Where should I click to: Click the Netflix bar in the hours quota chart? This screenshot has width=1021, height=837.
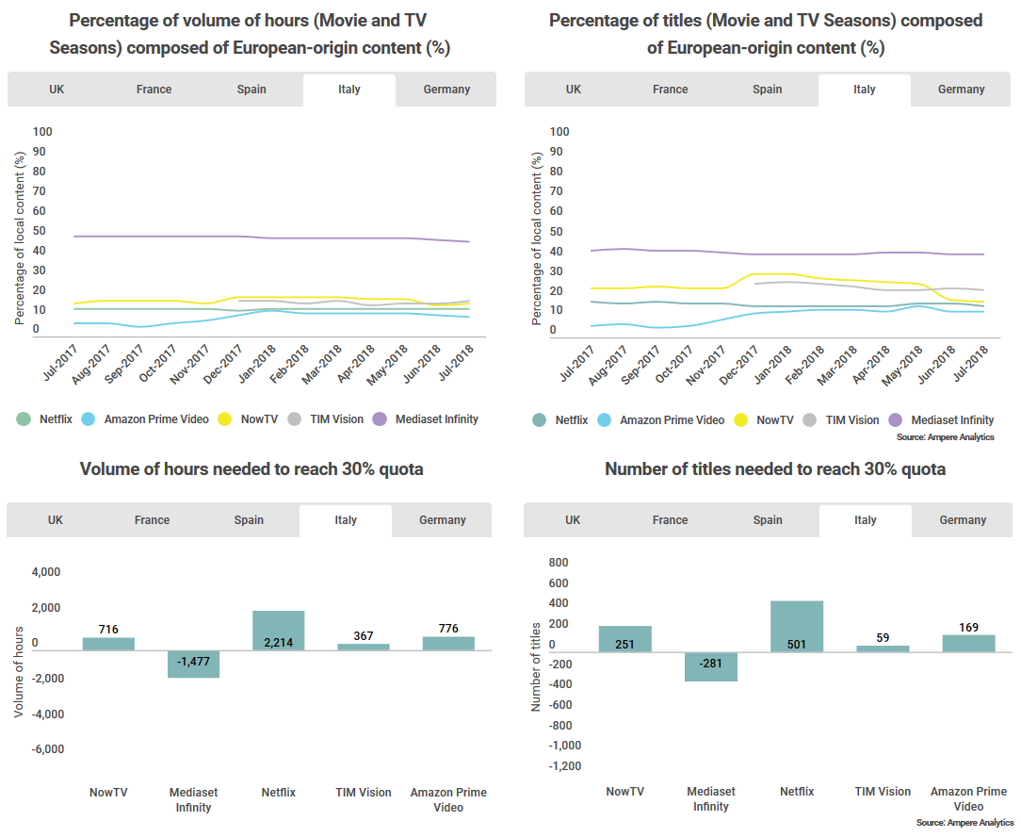(x=278, y=631)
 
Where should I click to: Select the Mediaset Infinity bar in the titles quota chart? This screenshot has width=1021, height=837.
(x=711, y=666)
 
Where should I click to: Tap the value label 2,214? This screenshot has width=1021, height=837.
(x=279, y=643)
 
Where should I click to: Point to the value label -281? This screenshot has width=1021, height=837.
(x=711, y=664)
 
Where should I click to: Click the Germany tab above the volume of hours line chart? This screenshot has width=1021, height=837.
(x=446, y=90)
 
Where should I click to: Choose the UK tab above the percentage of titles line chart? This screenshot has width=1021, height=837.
(x=574, y=90)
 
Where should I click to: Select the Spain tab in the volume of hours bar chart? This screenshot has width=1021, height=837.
(x=249, y=520)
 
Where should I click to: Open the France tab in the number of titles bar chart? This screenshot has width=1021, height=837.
(x=670, y=520)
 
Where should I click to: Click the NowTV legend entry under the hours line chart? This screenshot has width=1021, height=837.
(x=247, y=419)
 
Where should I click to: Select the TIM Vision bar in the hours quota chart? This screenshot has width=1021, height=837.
(x=364, y=647)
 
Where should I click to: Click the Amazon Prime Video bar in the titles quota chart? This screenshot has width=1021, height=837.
(x=968, y=643)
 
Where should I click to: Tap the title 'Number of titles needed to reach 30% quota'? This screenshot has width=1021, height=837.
(x=774, y=469)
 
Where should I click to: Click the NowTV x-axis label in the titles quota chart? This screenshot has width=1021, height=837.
(x=625, y=792)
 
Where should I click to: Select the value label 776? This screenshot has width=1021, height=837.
(x=448, y=628)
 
